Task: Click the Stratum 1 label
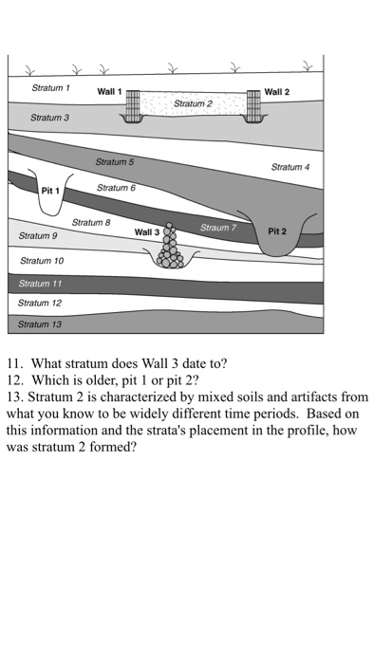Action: (50, 88)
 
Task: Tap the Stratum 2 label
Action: (193, 103)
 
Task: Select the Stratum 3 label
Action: (49, 118)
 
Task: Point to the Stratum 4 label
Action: (290, 167)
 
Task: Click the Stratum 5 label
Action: (114, 162)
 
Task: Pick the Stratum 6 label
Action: (116, 188)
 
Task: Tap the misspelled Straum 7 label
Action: (218, 228)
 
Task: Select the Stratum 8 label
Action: (91, 222)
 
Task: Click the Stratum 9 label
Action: (38, 236)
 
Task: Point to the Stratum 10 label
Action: (42, 261)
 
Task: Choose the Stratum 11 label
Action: (40, 284)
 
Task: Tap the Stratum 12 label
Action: (39, 304)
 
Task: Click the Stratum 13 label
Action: (39, 324)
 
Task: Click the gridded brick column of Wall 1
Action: (133, 106)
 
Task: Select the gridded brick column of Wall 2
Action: (253, 106)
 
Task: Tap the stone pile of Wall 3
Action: (170, 247)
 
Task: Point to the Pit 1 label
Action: (50, 191)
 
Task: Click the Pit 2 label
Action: (277, 231)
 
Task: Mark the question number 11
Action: (14, 363)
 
